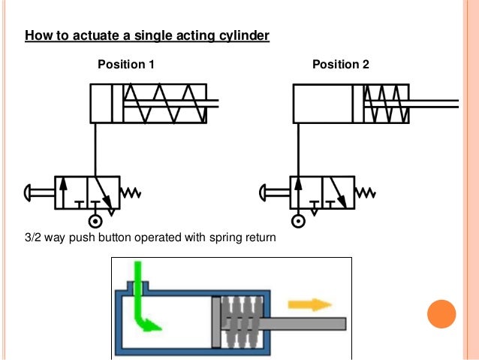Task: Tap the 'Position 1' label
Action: click(126, 64)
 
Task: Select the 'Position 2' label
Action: click(341, 64)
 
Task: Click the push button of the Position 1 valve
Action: click(39, 193)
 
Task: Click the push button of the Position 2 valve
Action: click(274, 193)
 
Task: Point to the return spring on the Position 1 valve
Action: click(131, 193)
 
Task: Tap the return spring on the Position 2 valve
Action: click(366, 193)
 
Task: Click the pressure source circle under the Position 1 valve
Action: click(95, 221)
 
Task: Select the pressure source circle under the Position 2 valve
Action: click(298, 221)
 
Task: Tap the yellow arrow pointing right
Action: click(310, 305)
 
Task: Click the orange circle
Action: click(441, 314)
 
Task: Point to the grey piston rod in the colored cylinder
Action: click(303, 324)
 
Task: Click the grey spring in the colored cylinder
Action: click(241, 322)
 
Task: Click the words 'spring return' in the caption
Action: click(243, 238)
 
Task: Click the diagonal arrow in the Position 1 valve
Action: click(104, 192)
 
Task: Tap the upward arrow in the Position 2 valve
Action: click(299, 192)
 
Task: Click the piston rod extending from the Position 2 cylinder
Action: click(434, 104)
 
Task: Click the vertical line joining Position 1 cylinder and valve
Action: click(95, 150)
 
